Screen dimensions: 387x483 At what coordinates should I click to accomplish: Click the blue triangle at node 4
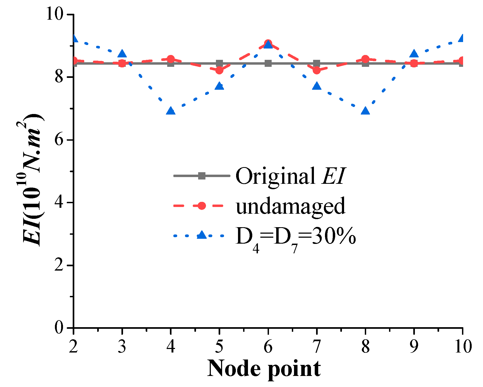click(x=171, y=111)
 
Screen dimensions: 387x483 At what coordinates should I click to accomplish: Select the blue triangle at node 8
click(x=365, y=111)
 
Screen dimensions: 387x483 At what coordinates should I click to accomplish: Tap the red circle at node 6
click(x=268, y=43)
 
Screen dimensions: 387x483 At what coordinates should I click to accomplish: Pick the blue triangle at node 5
click(x=219, y=86)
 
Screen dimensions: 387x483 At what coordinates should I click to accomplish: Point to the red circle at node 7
click(x=317, y=70)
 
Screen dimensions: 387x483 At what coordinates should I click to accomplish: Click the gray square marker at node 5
click(x=219, y=64)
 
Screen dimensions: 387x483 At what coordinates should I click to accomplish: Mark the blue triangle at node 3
click(x=122, y=54)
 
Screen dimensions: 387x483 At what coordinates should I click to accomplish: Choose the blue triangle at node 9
click(x=414, y=54)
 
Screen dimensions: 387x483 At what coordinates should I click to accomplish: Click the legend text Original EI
click(x=290, y=176)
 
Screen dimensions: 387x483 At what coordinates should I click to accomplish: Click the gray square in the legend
click(x=202, y=176)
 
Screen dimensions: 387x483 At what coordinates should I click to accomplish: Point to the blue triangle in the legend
click(x=202, y=235)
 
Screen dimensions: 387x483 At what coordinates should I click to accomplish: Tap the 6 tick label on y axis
click(x=59, y=140)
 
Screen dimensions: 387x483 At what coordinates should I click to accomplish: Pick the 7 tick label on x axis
click(x=317, y=347)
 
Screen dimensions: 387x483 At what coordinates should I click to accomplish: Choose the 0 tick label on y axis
click(x=59, y=328)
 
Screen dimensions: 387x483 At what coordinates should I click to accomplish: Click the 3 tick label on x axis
click(x=122, y=347)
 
